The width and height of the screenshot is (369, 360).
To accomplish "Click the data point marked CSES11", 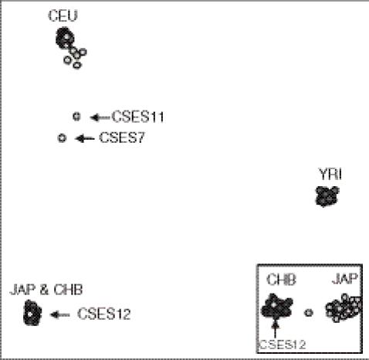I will click(76, 117).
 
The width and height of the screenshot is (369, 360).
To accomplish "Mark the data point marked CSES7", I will click(62, 138).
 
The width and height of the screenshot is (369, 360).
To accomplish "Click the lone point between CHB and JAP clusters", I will click(309, 312).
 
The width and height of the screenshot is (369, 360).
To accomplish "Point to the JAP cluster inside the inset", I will click(343, 308).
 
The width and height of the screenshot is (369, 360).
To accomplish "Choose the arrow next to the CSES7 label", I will click(84, 139).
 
